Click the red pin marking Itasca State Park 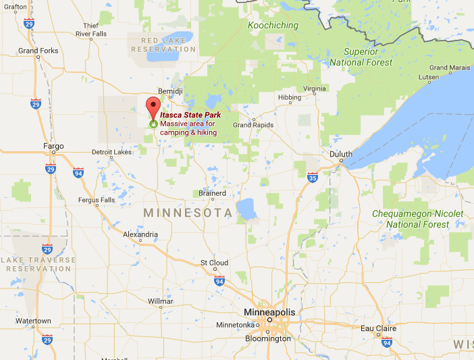(153, 107)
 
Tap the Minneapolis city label (269, 312)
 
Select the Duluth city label (340, 154)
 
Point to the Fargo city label (53, 146)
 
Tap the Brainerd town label (212, 192)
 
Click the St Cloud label (214, 262)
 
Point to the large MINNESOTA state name (188, 213)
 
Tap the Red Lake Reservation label (163, 45)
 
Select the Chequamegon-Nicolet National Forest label (418, 219)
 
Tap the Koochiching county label (273, 26)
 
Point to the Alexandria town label (140, 234)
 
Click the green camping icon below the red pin (153, 124)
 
